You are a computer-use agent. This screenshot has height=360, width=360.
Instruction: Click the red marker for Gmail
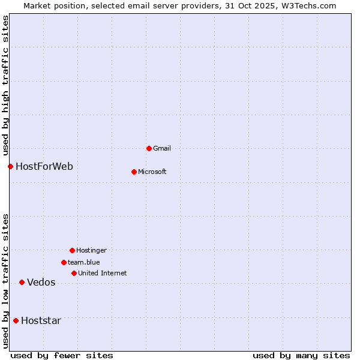pos(149,148)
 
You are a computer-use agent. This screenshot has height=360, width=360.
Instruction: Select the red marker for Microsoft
pos(134,172)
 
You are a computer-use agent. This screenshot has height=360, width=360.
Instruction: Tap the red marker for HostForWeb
pos(10,166)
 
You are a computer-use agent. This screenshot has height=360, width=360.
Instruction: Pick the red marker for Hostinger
pos(72,250)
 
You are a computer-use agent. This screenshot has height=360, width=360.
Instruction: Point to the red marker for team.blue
pos(64,262)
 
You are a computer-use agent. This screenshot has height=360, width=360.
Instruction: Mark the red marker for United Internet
pos(74,273)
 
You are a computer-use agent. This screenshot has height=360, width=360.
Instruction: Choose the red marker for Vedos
pos(22,282)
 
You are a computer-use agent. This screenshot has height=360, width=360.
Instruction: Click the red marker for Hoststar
pos(16,320)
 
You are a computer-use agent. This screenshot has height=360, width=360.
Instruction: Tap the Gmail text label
pos(161,148)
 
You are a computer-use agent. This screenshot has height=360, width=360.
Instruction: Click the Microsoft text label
pos(152,172)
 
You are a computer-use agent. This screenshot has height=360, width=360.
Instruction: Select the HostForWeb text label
pos(44,166)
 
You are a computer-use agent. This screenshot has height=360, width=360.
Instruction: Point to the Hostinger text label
pos(91,250)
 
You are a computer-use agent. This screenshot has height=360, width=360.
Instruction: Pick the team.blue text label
pos(83,262)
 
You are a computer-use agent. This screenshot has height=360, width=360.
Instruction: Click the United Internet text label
pos(102,273)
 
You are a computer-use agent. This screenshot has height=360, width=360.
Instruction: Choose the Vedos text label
pos(41,283)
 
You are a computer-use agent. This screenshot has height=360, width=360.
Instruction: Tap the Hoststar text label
pos(41,320)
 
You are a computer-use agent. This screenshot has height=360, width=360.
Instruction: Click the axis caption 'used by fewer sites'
pos(62,355)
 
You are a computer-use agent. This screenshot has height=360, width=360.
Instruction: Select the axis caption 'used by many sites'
pos(301,355)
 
